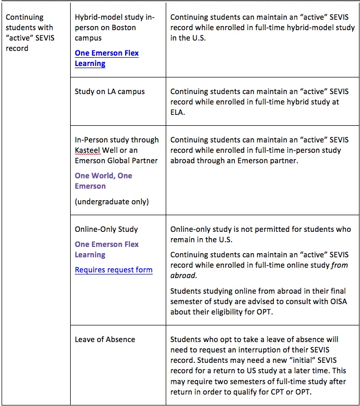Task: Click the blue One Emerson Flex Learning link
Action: pyautogui.click(x=106, y=58)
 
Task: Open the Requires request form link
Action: pyautogui.click(x=113, y=270)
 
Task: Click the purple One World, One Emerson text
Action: pyautogui.click(x=103, y=181)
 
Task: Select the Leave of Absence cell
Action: pyautogui.click(x=105, y=339)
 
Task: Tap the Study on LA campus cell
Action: pyautogui.click(x=110, y=91)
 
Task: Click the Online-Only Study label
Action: pyautogui.click(x=106, y=229)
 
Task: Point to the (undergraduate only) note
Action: pyautogui.click(x=111, y=202)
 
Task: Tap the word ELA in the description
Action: pyautogui.click(x=178, y=113)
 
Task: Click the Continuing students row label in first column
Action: pyautogui.click(x=30, y=33)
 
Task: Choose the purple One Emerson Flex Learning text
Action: pyautogui.click(x=106, y=250)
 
